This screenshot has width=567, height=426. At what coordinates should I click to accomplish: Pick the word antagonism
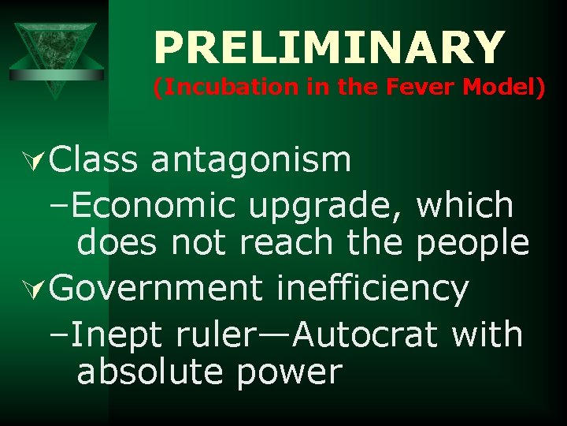(251, 160)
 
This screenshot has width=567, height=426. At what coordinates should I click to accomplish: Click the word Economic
(155, 206)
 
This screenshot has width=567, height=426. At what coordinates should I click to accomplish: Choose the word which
(465, 206)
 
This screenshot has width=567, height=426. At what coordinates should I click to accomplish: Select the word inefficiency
(372, 289)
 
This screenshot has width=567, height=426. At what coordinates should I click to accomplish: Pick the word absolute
(150, 371)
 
